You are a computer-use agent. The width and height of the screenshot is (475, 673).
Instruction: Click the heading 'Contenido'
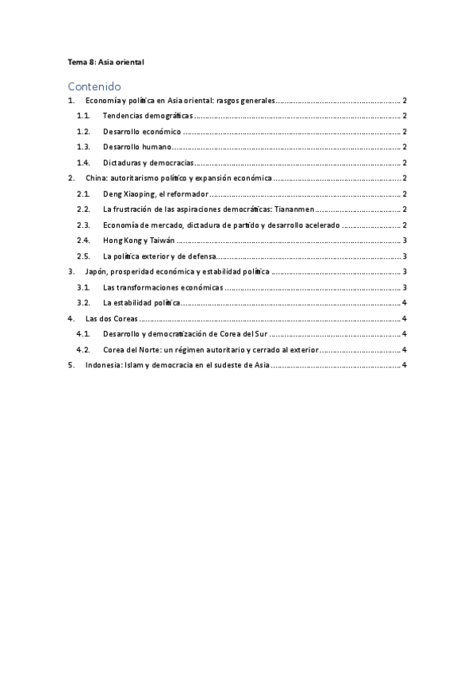[x=94, y=86]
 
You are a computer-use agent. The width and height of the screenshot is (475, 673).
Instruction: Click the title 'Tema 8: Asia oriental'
[x=105, y=61]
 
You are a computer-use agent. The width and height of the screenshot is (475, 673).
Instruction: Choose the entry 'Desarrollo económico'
[x=142, y=132]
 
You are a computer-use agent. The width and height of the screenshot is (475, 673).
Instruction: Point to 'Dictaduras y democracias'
[x=148, y=163]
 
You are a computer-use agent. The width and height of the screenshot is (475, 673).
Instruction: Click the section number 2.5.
[x=83, y=256]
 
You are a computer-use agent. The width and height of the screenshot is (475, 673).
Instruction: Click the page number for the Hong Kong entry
[x=404, y=240]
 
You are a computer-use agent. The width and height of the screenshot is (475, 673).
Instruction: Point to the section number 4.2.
[x=83, y=349]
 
